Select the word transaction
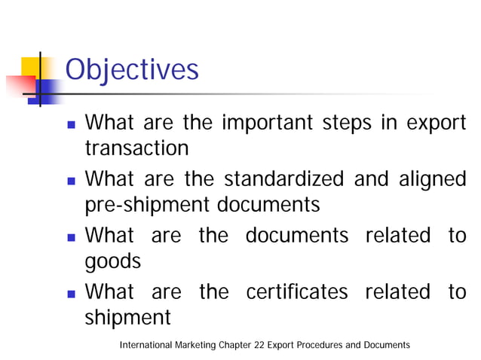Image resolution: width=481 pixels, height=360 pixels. pyautogui.click(x=136, y=148)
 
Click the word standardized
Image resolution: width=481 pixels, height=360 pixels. pyautogui.click(x=274, y=179)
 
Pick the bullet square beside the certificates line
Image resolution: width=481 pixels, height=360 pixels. pyautogui.click(x=69, y=292)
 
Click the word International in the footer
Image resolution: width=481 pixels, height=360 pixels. pyautogui.click(x=145, y=345)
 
